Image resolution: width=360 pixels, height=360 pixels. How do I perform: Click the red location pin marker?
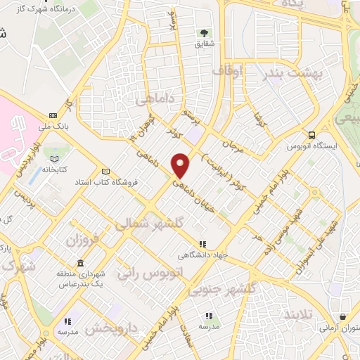[181, 165]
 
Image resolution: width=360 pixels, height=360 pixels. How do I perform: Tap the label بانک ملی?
[53, 127]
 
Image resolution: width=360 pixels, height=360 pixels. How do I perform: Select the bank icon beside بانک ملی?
[53, 115]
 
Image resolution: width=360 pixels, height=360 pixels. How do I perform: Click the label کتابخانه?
[53, 169]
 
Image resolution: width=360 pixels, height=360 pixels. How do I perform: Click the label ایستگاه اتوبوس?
[311, 147]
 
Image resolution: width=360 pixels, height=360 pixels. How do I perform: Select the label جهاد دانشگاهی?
[202, 255]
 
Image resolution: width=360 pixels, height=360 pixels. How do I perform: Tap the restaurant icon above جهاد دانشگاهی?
[202, 244]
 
